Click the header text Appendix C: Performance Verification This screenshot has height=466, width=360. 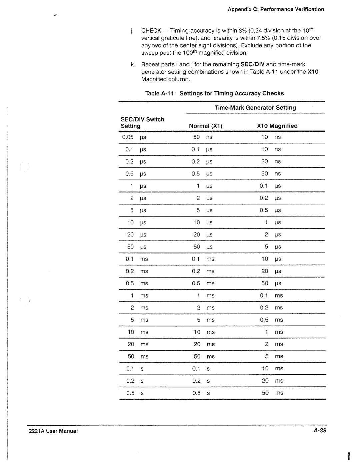point(276,9)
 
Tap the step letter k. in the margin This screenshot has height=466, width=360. point(132,64)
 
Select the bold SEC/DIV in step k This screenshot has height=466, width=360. point(252,64)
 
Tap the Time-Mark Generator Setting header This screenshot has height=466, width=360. point(255,108)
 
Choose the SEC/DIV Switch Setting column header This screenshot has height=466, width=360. point(142,123)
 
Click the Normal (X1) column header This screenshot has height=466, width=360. point(205,126)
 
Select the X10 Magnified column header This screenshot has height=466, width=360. point(277,126)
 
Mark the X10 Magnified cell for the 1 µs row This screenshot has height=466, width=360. point(270,186)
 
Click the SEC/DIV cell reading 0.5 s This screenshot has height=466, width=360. point(135,393)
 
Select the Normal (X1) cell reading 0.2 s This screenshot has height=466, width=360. point(201,381)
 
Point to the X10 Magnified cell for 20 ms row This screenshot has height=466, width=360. point(272,344)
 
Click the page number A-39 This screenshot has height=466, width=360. point(320,431)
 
